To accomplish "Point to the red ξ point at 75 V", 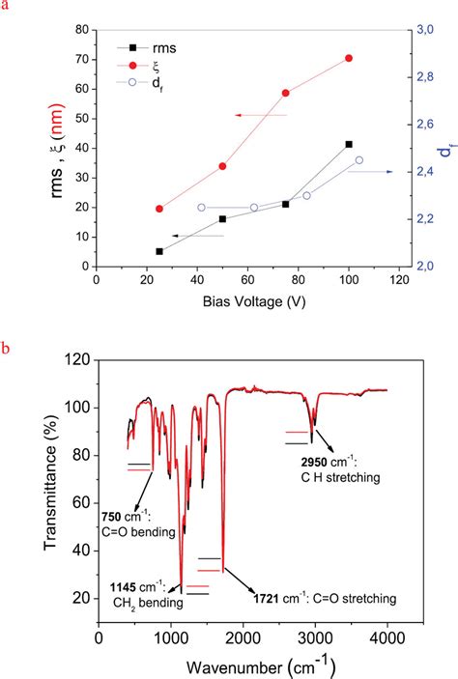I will coord(285,93).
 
